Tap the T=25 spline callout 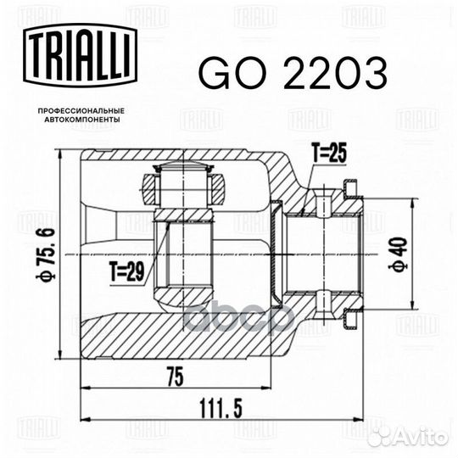tap(329, 155)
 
